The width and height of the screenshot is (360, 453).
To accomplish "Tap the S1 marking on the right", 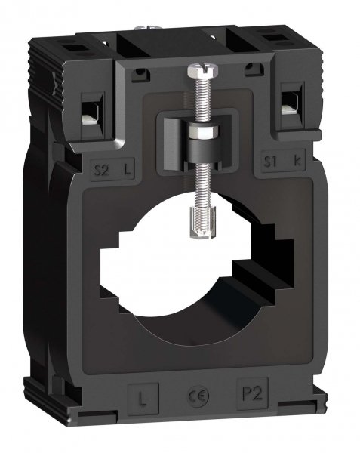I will click(269, 160).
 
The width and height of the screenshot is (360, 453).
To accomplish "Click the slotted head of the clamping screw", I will click(195, 70).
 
